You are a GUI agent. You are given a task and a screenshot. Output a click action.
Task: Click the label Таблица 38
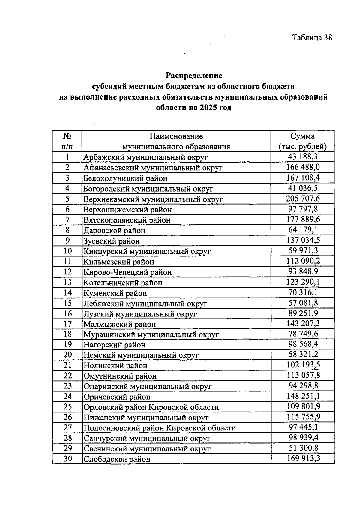(312, 38)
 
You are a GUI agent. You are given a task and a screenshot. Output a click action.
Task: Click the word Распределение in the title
(194, 75)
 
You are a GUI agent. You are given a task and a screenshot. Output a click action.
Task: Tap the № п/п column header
(67, 141)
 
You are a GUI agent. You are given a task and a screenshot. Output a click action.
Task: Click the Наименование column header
(176, 136)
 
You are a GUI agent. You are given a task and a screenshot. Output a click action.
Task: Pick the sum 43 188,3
(303, 157)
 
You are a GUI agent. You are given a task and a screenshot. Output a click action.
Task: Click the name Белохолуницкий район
(125, 178)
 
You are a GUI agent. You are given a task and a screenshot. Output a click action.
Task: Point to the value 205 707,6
(303, 199)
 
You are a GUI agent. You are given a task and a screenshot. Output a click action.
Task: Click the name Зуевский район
(112, 241)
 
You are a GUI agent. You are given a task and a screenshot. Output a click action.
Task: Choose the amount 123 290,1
(303, 282)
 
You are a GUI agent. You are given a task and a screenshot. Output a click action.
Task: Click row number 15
(67, 303)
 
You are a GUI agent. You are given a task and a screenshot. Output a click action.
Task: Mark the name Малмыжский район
(120, 324)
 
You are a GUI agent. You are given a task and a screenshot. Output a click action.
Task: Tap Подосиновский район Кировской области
(160, 428)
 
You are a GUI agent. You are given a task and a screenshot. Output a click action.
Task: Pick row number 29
(67, 448)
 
